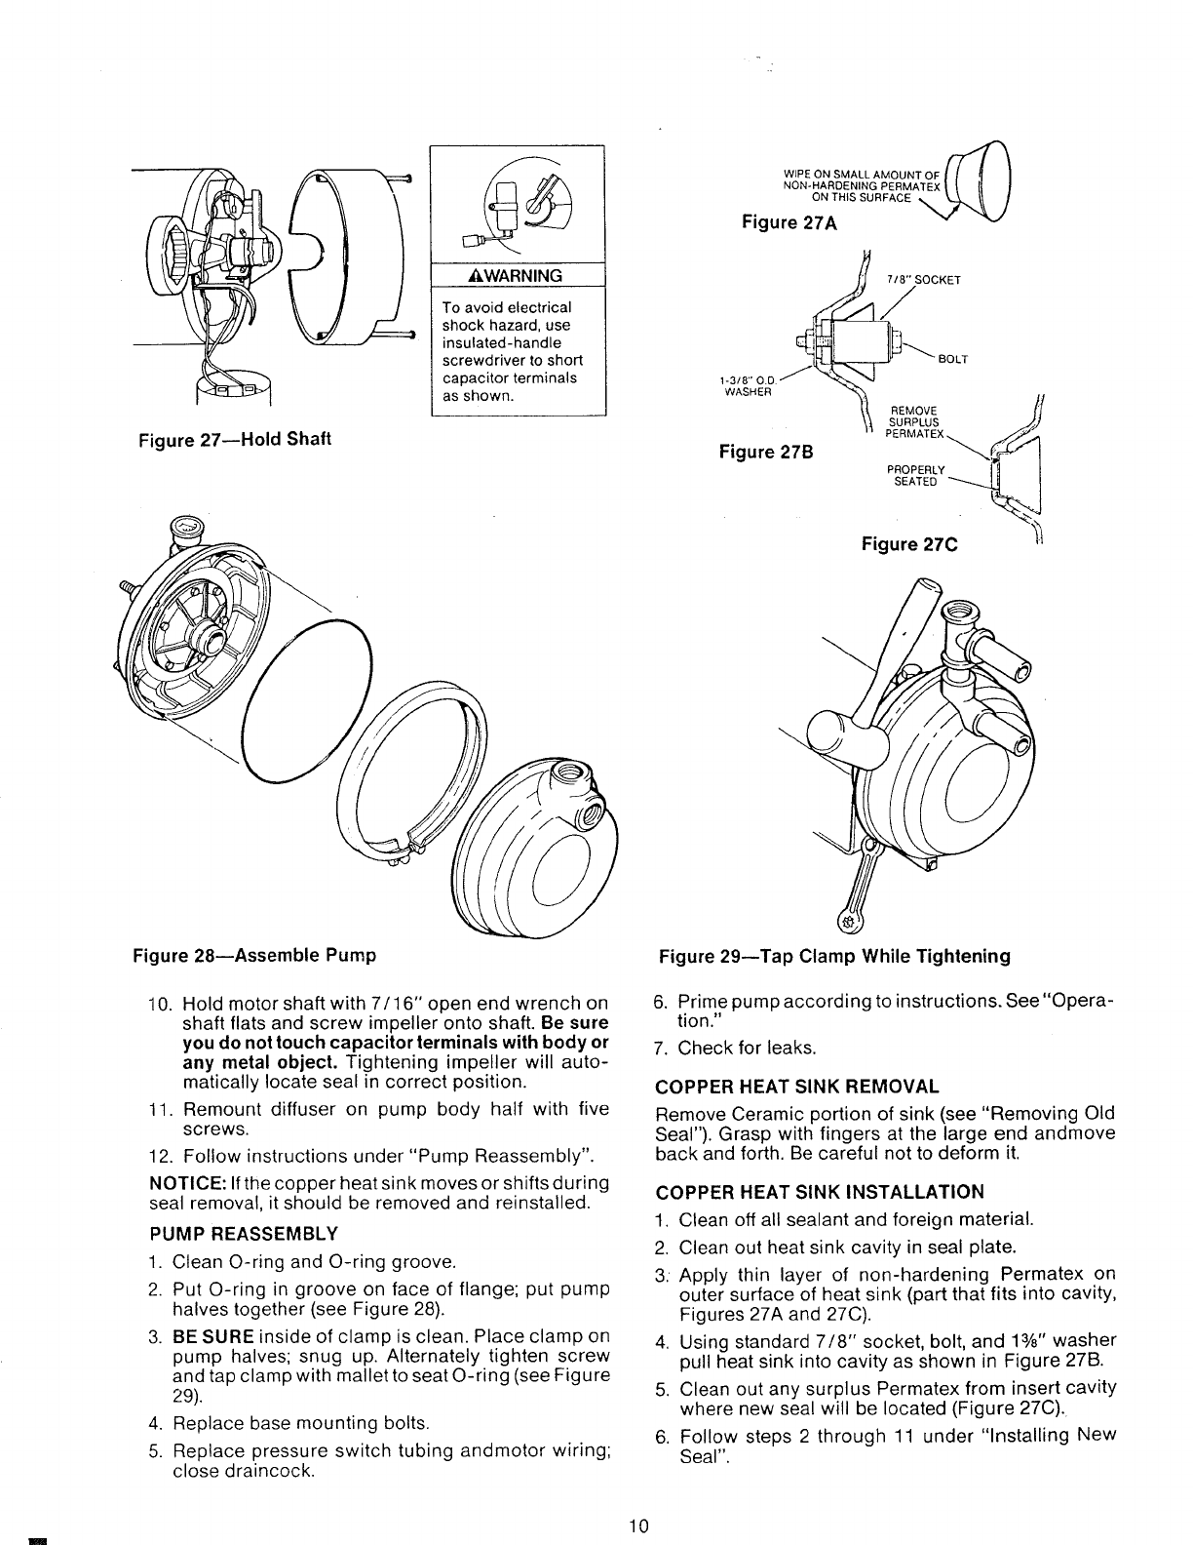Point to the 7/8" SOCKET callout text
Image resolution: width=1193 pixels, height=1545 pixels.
tap(923, 280)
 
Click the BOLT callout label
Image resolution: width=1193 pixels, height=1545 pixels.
tap(952, 359)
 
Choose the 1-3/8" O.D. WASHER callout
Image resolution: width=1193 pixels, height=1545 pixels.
tap(748, 385)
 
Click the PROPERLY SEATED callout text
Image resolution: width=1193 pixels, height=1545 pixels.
tap(915, 476)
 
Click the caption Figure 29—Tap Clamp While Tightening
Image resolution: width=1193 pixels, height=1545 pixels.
tap(834, 956)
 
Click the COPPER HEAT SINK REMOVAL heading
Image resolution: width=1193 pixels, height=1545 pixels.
tap(797, 1087)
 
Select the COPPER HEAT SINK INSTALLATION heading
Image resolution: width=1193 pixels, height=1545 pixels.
tap(820, 1191)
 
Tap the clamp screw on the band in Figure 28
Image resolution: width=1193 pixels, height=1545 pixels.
tap(396, 859)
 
